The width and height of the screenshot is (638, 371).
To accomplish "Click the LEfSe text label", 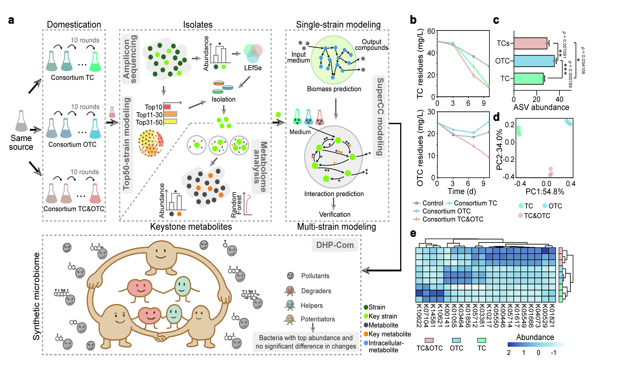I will tap(253, 68).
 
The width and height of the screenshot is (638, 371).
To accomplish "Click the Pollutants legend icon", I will tap(290, 276).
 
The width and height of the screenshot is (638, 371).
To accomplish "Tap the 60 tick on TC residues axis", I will tap(431, 31).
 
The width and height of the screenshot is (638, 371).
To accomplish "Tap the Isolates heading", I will tap(198, 25).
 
